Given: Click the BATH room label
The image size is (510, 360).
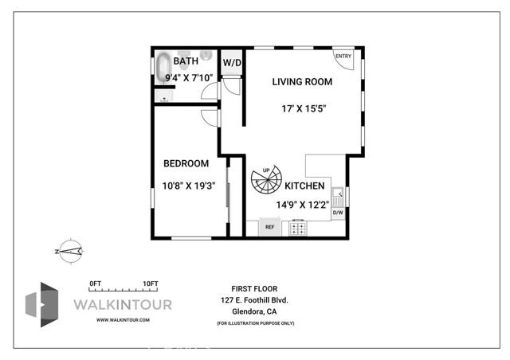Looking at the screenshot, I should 186,61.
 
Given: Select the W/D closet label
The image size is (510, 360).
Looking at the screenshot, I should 232,62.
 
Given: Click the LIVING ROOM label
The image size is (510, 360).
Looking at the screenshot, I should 301,81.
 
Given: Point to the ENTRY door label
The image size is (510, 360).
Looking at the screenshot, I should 343,56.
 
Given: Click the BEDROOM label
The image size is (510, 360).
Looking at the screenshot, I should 186,163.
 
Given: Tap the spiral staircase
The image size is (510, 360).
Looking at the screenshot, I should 265,182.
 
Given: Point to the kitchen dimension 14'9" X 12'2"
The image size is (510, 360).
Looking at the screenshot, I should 302,204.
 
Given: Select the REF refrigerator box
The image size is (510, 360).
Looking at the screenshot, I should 269,228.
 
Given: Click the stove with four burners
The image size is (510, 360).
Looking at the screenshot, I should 298,228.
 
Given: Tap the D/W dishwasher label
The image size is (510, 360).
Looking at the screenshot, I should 338,213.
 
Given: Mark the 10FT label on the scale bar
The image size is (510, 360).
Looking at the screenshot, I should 151,284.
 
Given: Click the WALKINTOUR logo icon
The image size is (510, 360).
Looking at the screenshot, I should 41,303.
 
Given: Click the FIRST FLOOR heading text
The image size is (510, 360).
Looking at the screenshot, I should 254,288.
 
